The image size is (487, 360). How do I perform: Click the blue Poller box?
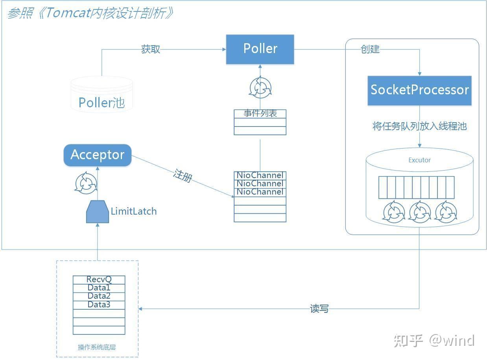coord(260,49)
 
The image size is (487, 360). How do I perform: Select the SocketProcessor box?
coord(419,90)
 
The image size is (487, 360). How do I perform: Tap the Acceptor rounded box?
coord(97,155)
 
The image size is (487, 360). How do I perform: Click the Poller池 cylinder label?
coord(101,103)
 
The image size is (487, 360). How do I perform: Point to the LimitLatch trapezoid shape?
coord(97,212)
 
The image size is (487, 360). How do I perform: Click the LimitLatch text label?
coord(134,211)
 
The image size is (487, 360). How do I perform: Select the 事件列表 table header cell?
coord(260,114)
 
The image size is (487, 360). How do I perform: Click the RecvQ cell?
coord(99,279)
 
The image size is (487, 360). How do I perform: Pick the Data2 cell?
coord(99,296)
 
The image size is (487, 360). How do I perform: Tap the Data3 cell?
coord(99,305)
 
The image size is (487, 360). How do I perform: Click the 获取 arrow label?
coord(151,49)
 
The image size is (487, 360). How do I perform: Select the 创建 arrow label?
coord(370,49)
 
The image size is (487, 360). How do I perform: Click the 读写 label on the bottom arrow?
coord(319,309)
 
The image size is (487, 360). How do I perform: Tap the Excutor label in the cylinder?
coord(419,160)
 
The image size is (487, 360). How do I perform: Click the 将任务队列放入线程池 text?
coord(419,126)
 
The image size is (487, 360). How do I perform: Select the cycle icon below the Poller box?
coord(260,88)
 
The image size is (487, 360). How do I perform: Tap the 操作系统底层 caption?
coord(97,347)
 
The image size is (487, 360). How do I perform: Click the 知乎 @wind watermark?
coord(434,340)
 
